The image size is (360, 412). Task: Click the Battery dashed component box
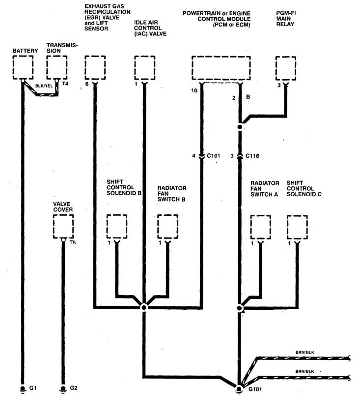pos(23,67)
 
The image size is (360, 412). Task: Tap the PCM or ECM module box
pos(221,68)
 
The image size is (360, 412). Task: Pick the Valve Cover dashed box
pos(63,226)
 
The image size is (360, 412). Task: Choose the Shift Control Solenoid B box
pos(117,226)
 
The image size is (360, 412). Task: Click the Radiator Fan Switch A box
pos(260,227)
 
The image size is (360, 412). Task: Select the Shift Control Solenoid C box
pos(297,227)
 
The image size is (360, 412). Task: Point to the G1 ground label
pos(33,388)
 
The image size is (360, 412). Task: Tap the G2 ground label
pos(74,388)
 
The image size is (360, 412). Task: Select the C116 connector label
pos(252,156)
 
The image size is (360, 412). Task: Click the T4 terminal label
pos(65,84)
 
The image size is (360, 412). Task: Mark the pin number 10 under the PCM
pos(194,91)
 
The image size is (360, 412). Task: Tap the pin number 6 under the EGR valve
pos(86,85)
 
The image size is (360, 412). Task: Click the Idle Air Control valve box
pos(144,67)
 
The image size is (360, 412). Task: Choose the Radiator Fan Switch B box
pos(168,226)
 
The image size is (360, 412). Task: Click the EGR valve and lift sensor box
pos(95,67)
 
